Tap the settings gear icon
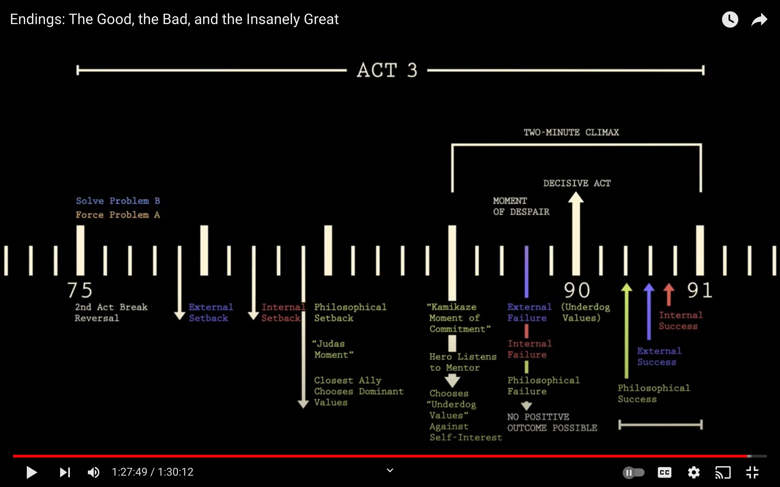pos(694,472)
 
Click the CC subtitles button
pos(664,472)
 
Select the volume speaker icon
pos(93,472)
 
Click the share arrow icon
pos(759,20)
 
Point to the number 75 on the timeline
pos(80,290)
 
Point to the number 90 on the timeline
pos(577,290)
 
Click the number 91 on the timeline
pos(699,290)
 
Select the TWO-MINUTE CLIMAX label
pos(571,132)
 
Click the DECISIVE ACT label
pos(577,183)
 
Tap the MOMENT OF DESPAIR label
pos(521,206)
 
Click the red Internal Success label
pos(680,321)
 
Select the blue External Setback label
pos(210,312)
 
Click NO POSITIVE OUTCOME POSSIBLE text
pos(552,422)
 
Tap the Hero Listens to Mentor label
pos(463,362)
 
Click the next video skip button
pos(65,472)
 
